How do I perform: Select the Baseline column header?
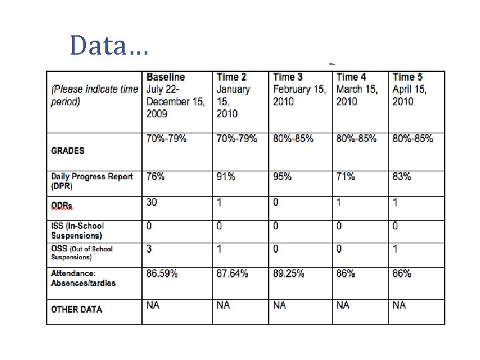click(x=166, y=77)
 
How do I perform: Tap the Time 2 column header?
click(x=231, y=77)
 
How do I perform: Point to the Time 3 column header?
click(x=288, y=77)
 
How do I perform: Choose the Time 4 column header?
click(x=351, y=77)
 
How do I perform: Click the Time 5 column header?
click(x=407, y=77)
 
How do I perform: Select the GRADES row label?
click(x=68, y=151)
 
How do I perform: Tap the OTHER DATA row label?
click(x=77, y=309)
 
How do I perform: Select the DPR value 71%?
click(x=346, y=177)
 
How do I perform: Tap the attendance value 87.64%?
click(x=233, y=273)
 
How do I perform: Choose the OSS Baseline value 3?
click(x=150, y=248)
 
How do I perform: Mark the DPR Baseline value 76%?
click(x=156, y=177)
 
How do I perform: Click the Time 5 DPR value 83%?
click(x=402, y=177)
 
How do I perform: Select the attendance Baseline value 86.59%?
click(x=162, y=273)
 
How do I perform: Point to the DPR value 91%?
click(x=225, y=177)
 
